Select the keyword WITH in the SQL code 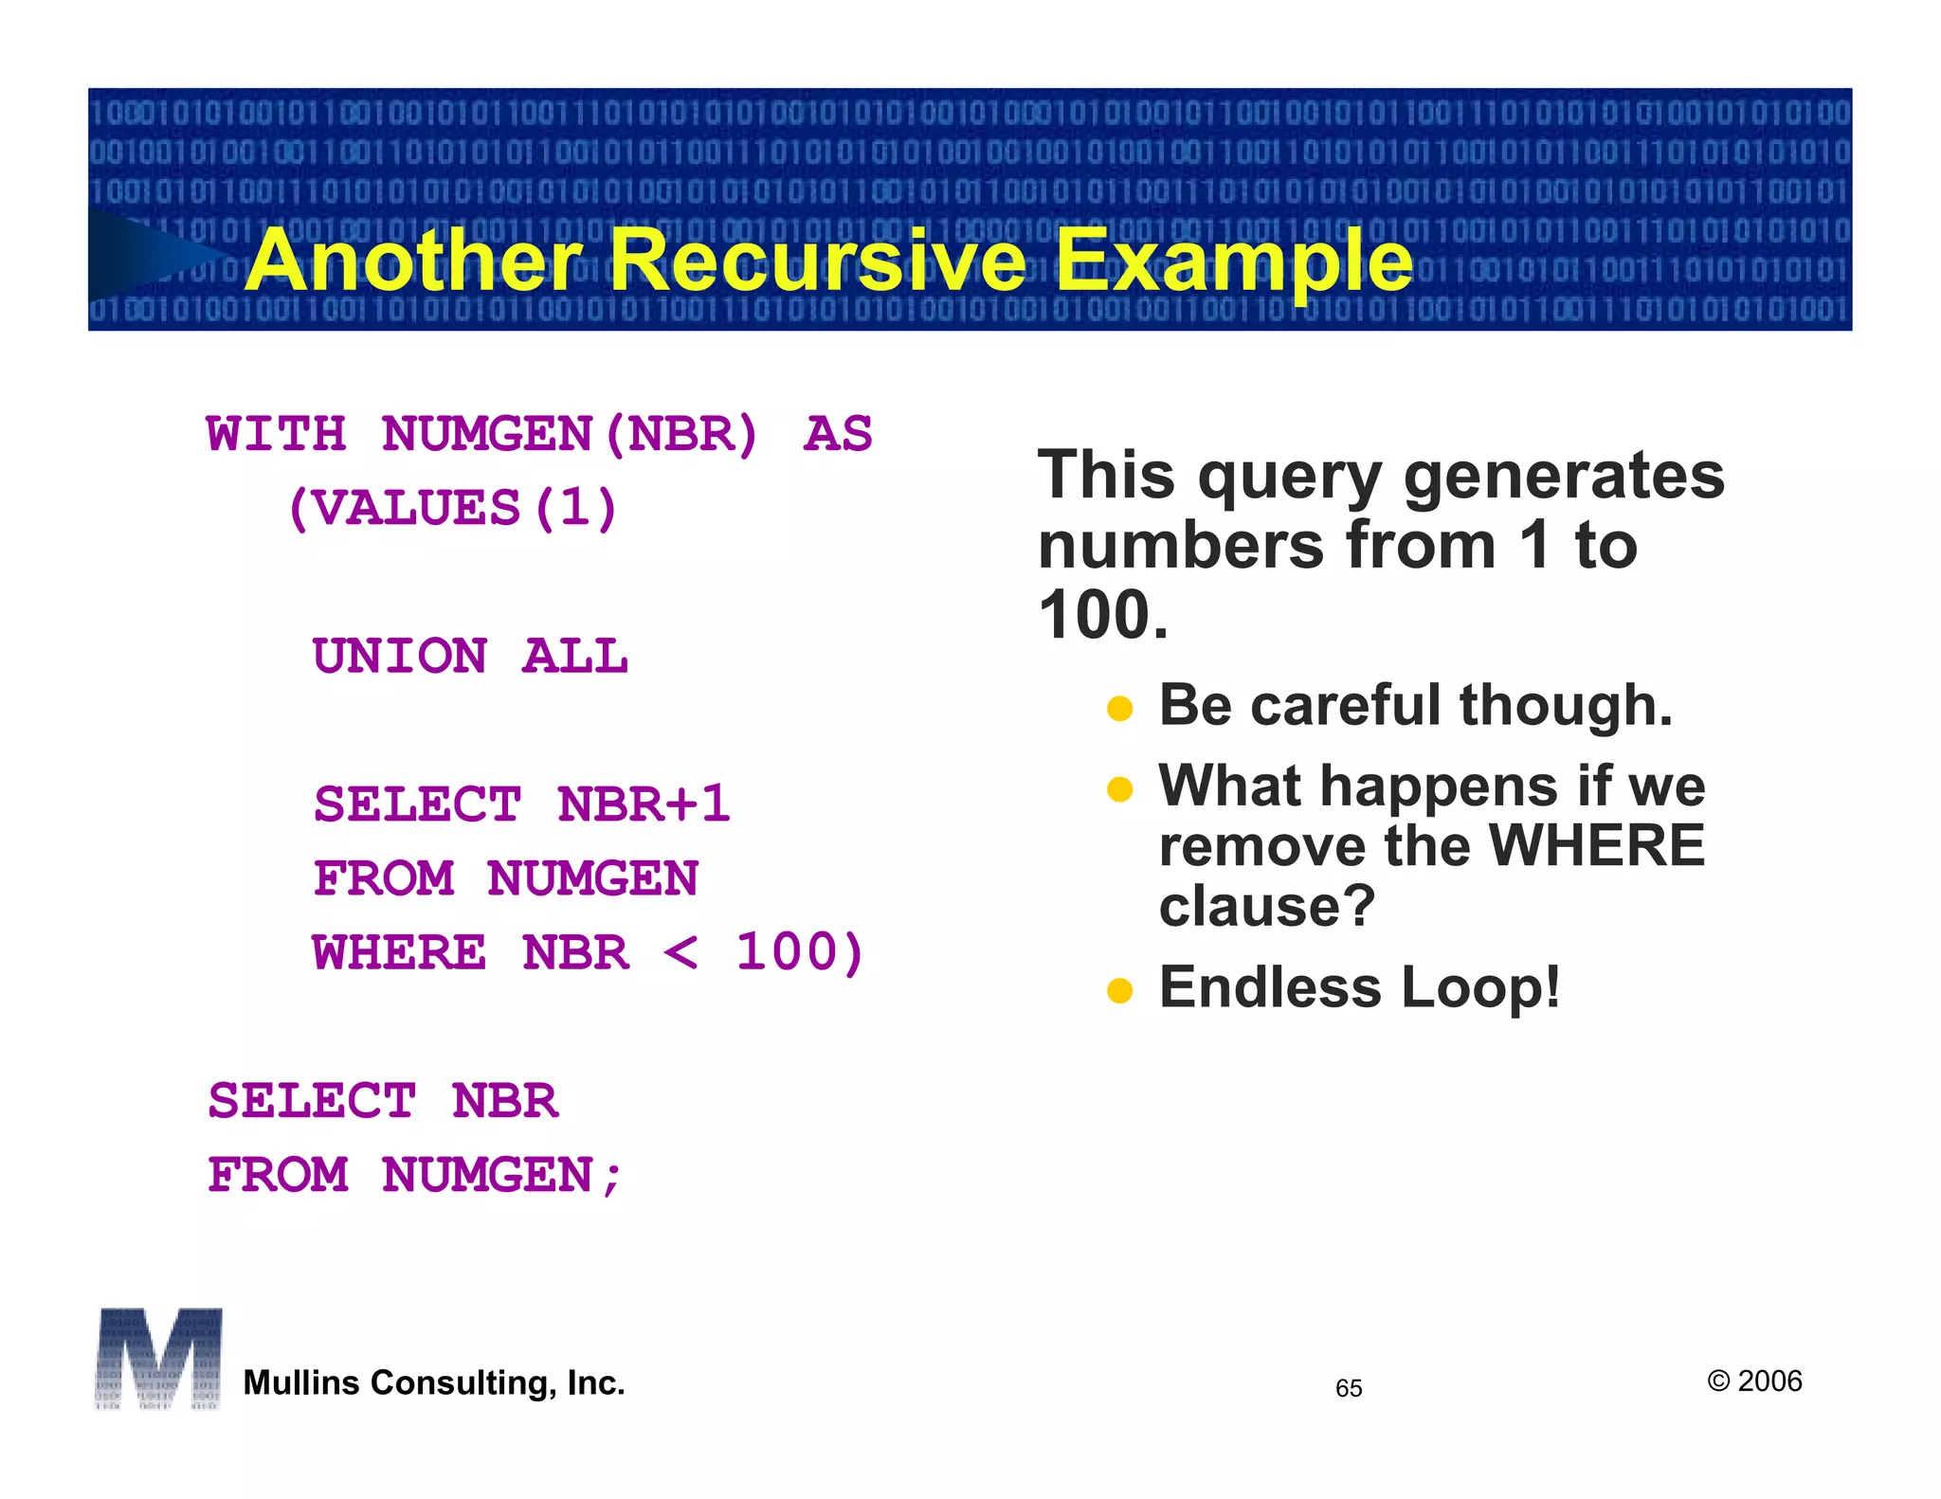276,435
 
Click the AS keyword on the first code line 838,435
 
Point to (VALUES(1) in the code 452,509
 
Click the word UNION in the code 400,657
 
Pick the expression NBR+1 644,804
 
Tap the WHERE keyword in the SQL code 399,952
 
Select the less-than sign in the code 680,952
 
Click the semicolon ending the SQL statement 612,1178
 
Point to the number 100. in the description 1103,616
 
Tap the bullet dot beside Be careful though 1119,709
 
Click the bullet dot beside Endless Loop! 1119,991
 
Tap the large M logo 158,1359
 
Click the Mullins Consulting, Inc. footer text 434,1383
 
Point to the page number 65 1348,1388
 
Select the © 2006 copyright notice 1754,1382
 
